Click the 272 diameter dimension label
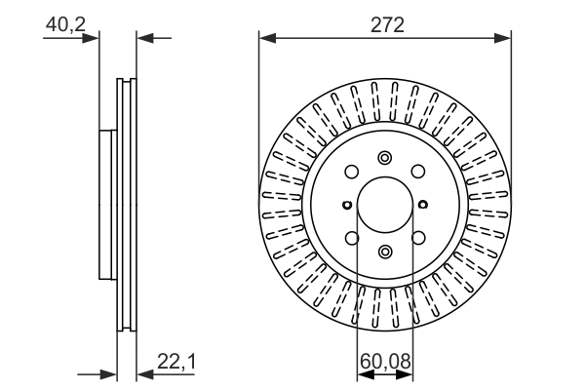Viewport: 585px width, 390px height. tap(387, 25)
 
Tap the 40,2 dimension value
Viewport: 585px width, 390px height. tap(65, 25)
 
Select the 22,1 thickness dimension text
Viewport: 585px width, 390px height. tap(176, 362)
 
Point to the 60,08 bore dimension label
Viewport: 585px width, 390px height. tap(385, 362)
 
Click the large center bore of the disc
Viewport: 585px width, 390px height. tap(385, 205)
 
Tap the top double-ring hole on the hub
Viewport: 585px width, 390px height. tap(385, 158)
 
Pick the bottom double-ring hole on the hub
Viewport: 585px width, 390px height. tap(385, 252)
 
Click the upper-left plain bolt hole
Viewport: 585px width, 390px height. tap(351, 172)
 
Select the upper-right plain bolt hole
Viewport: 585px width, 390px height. tap(418, 172)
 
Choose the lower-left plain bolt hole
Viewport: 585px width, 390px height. tap(352, 238)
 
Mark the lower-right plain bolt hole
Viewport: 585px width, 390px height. tap(418, 238)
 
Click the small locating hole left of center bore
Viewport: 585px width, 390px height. tap(347, 205)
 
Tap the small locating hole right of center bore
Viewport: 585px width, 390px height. tap(423, 205)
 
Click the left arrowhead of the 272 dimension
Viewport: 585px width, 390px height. tap(267, 38)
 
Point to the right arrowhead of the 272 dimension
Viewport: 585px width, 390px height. tap(502, 38)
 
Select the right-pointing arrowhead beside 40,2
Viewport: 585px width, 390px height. tap(91, 38)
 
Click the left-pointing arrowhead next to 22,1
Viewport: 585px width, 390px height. tap(145, 374)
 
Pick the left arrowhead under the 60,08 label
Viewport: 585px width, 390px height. tap(366, 374)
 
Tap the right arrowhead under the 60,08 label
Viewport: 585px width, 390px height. tap(405, 374)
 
